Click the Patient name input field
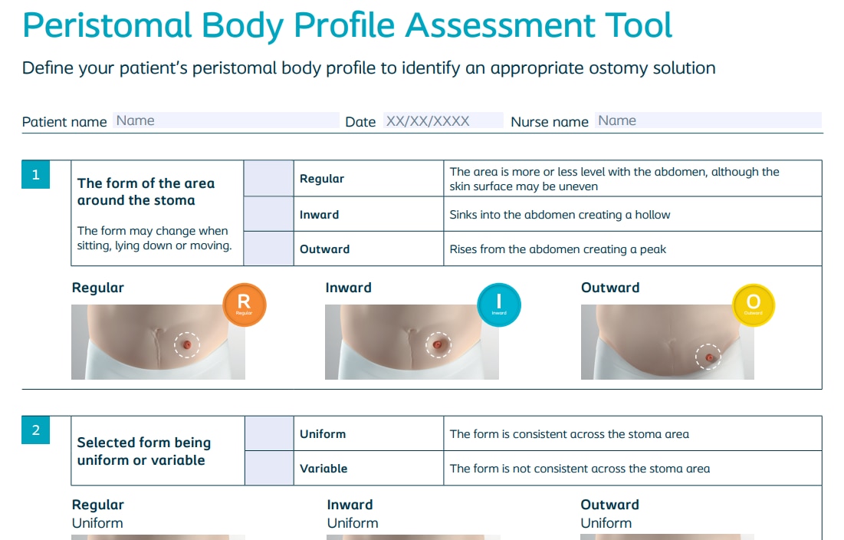pos(226,120)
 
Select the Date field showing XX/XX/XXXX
pos(443,120)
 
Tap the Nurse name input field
pos(708,120)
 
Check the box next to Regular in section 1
pos(268,178)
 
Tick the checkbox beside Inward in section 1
pos(268,214)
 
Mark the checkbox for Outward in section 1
pos(268,249)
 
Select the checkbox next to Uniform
pos(269,433)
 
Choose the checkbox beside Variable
pos(269,468)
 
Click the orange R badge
pos(245,305)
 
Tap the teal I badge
pos(499,305)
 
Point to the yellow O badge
pos(754,305)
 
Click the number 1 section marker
pos(35,174)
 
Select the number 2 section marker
pos(35,430)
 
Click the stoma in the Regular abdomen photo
pos(187,344)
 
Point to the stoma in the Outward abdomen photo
pos(709,357)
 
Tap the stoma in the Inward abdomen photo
pos(438,344)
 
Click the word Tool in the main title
pos(639,25)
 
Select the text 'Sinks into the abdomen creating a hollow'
pos(560,215)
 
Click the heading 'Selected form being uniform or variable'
pos(143,451)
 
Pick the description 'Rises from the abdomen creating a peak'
pos(557,249)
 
